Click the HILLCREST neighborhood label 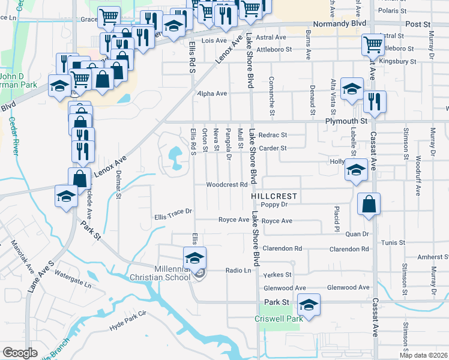tap(274, 196)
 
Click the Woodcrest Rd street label tap(227, 185)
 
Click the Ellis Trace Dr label tap(173, 211)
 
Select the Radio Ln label tap(238, 271)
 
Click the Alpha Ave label tap(212, 94)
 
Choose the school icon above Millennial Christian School tap(194, 257)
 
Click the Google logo tap(20, 353)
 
